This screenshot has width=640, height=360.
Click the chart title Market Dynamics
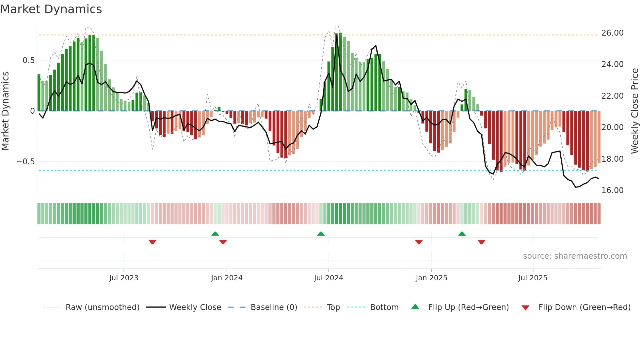click(51, 9)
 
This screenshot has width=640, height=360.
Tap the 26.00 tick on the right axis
click(612, 33)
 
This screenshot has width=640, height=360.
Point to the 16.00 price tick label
click(612, 190)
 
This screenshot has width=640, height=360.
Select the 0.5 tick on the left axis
click(28, 60)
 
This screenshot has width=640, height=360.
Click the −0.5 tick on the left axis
click(26, 162)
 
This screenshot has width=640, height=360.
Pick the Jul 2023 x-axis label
click(124, 278)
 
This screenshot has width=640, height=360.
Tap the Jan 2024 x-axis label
click(227, 278)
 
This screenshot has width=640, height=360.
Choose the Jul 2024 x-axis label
click(328, 278)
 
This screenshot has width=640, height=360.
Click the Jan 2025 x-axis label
click(431, 278)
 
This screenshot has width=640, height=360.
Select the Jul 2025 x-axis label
click(533, 278)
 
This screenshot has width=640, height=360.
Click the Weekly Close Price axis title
click(634, 111)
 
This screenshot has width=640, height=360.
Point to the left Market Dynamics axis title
click(5, 111)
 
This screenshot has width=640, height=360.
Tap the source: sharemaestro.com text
click(575, 256)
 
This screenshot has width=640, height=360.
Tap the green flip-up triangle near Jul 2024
click(321, 234)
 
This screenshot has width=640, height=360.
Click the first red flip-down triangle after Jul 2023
click(152, 242)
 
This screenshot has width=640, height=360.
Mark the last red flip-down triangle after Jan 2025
click(481, 242)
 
